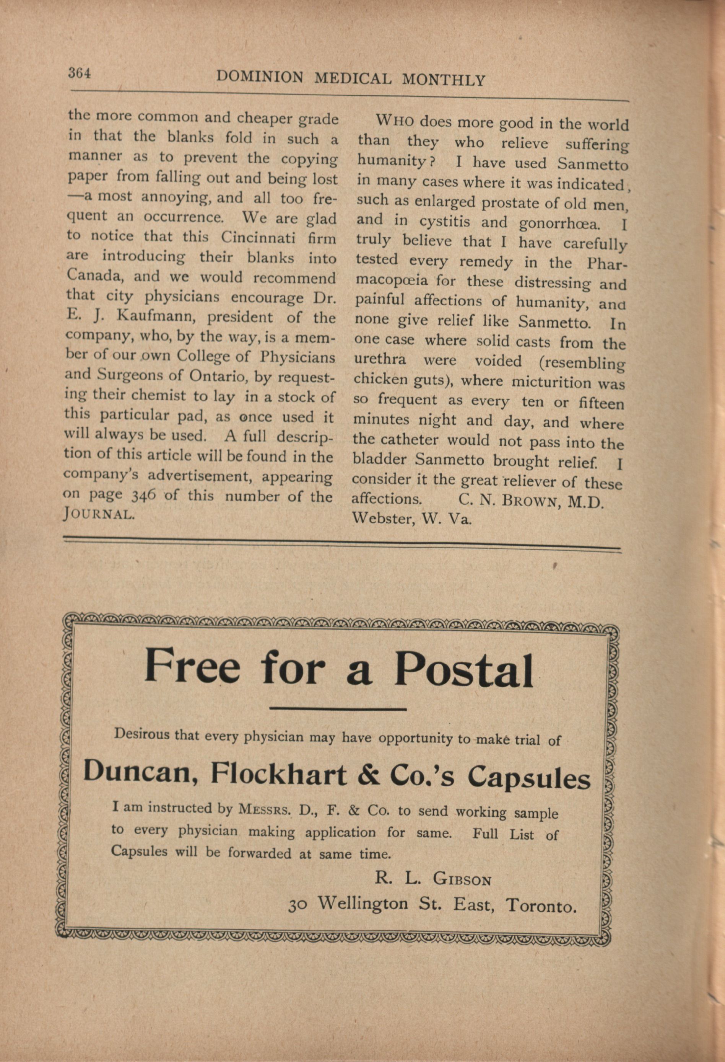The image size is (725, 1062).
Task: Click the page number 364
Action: point(80,73)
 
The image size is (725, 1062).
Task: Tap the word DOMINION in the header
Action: point(260,77)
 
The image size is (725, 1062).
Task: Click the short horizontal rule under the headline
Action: point(338,709)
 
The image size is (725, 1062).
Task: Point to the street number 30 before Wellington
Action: point(297,904)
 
